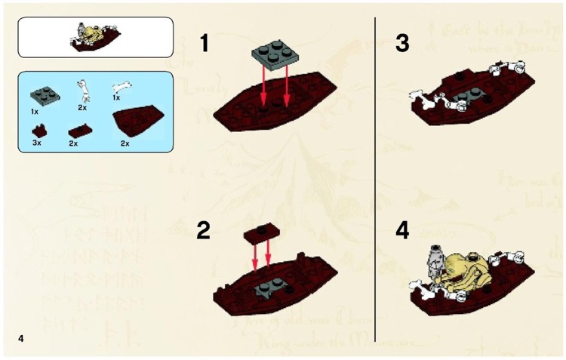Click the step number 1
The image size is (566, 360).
coord(204,44)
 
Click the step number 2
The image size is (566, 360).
coord(204,230)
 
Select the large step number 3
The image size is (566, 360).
coord(402,44)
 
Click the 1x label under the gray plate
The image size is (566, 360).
coord(35,110)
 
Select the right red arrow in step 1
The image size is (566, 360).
coord(288,87)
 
